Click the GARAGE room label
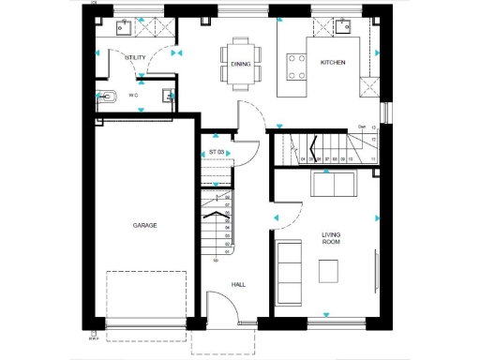point(144,226)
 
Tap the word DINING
point(240,64)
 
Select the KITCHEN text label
point(333,63)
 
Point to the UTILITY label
point(135,57)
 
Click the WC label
point(134,95)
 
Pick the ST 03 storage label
point(217,152)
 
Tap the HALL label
point(238,283)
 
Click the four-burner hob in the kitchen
point(298,66)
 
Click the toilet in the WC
point(106,96)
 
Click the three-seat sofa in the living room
point(288,271)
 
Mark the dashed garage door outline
point(146,299)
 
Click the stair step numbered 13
point(373,127)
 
